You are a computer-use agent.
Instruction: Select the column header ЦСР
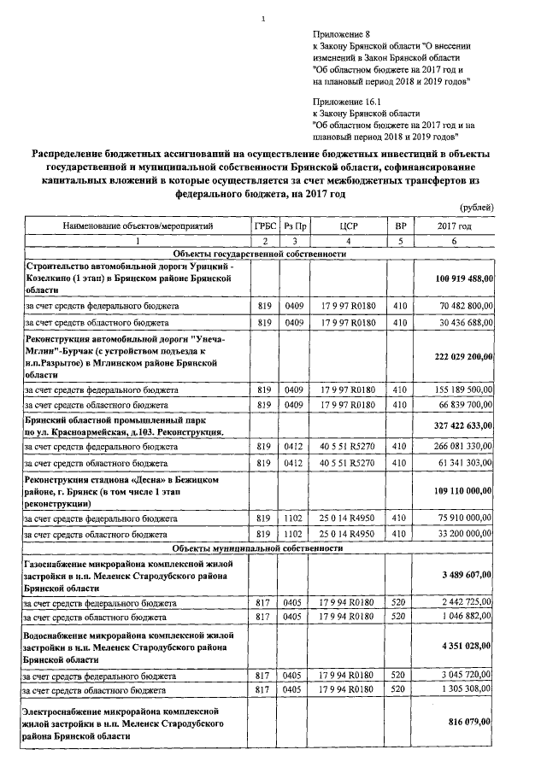pos(347,225)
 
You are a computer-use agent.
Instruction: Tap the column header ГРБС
pos(265,225)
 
